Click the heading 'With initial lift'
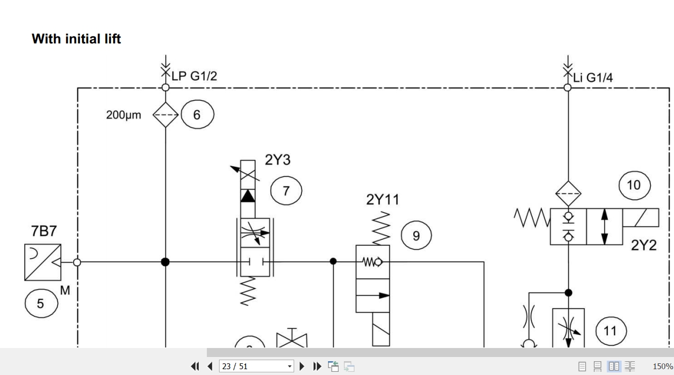coord(76,39)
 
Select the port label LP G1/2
coord(194,76)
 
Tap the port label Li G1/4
coord(593,78)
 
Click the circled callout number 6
coord(197,114)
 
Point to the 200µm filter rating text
coord(123,115)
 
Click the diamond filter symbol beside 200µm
coord(166,115)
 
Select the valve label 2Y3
coord(277,159)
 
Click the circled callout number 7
coord(286,191)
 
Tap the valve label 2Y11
coord(382,199)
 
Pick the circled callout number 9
coord(416,236)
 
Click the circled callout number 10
coord(634,185)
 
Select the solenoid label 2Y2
coord(644,245)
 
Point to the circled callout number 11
coord(611,332)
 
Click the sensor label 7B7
coord(44,231)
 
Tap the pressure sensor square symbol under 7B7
coord(43,262)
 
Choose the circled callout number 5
coord(41,303)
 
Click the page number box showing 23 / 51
coord(257,367)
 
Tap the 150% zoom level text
coord(663,367)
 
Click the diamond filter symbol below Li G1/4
coord(568,194)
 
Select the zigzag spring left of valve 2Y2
coord(532,218)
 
